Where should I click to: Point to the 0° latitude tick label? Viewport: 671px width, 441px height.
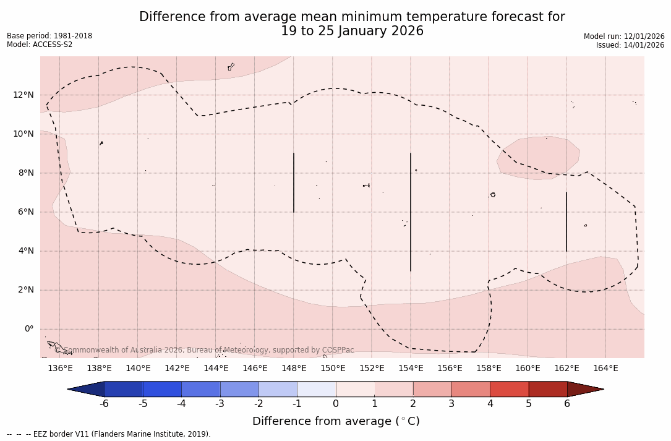click(28, 329)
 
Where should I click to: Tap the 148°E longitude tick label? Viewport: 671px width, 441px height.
click(294, 369)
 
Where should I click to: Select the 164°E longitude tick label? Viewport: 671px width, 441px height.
click(605, 369)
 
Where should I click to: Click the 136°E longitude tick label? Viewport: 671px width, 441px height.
click(60, 369)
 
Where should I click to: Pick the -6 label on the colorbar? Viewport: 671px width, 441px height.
click(104, 404)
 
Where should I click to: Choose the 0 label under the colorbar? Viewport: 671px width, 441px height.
click(336, 404)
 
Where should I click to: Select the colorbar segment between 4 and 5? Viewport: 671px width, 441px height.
click(509, 389)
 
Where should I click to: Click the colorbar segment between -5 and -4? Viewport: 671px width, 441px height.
click(162, 389)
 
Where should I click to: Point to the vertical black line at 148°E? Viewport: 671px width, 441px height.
click(294, 182)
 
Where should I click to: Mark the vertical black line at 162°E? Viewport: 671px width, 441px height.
click(566, 221)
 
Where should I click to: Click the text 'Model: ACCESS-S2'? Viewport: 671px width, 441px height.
click(40, 45)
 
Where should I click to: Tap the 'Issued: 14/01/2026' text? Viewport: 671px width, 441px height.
click(630, 45)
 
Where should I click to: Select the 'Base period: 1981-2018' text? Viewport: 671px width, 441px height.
click(49, 36)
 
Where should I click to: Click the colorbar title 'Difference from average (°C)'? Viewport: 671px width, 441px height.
click(336, 421)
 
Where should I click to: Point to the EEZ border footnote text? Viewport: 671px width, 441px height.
click(108, 434)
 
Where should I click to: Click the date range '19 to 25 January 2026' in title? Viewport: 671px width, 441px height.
click(352, 31)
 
